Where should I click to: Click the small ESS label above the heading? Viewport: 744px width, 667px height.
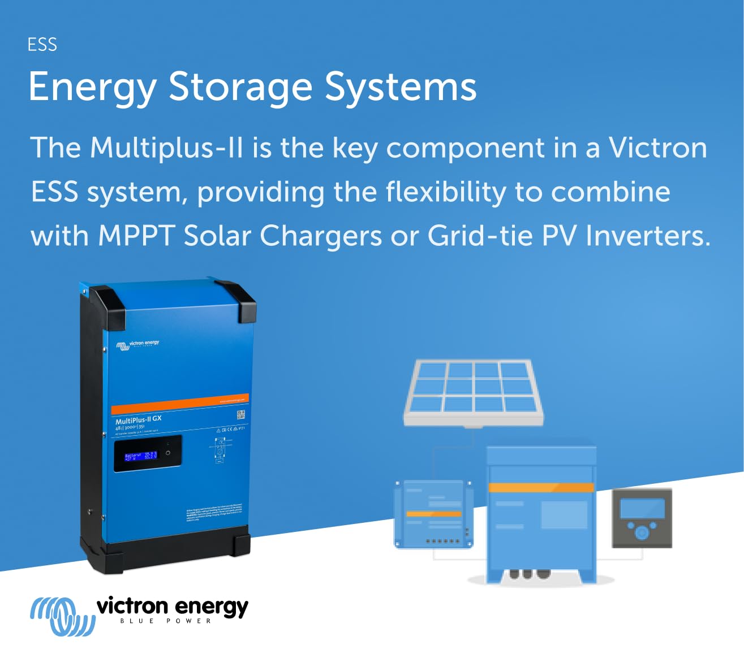pos(42,45)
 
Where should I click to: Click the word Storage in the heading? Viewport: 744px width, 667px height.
pos(240,87)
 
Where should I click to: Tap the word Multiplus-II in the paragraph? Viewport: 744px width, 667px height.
pos(166,148)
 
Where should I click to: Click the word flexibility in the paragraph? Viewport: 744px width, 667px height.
pos(446,192)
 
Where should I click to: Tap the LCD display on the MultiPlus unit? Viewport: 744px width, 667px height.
pos(148,453)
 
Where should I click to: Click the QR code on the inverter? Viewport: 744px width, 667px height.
pos(240,415)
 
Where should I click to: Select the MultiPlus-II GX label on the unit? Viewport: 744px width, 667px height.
pos(139,419)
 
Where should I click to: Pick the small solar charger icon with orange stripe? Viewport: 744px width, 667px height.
pos(433,514)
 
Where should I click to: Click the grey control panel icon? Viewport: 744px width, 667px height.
pos(642,518)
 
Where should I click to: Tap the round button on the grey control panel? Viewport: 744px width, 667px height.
pos(642,532)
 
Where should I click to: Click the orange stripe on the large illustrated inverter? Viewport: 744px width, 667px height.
pos(541,487)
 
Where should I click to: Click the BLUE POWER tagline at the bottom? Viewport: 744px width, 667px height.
pos(166,621)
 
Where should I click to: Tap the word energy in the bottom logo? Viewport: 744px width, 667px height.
pos(212,607)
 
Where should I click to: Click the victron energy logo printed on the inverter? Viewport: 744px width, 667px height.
pos(138,344)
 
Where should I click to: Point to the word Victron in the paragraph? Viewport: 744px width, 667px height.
pos(657,148)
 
